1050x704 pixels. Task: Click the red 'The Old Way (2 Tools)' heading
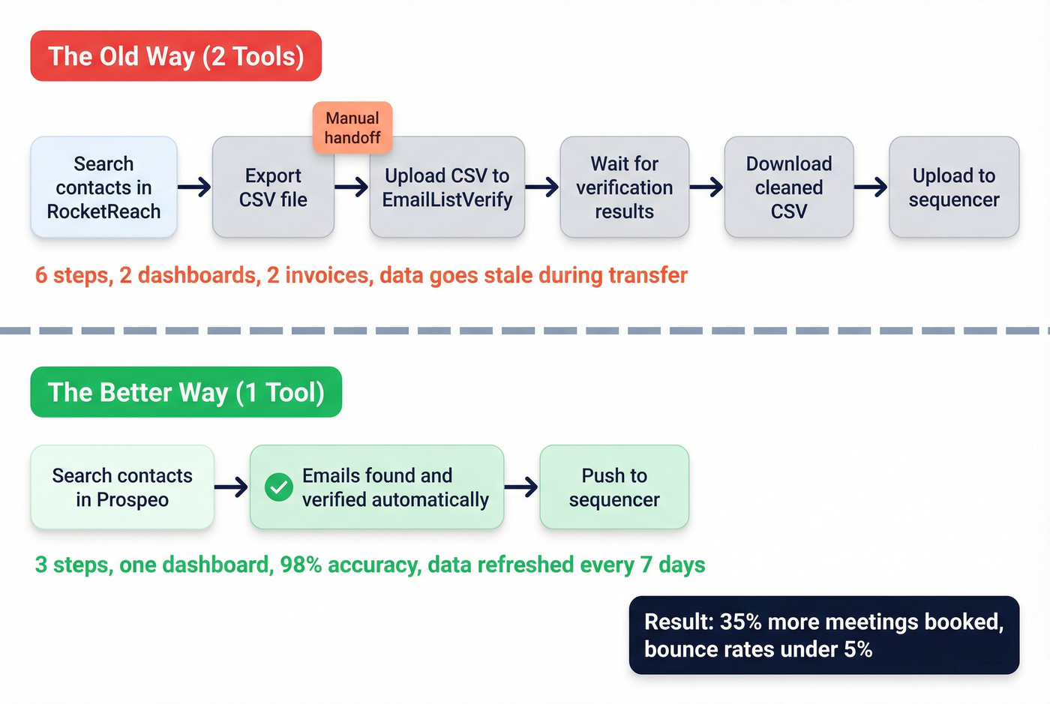click(175, 56)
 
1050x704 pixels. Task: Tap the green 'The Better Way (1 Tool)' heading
click(186, 392)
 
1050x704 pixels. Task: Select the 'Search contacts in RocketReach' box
click(103, 187)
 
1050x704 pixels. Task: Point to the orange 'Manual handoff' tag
click(352, 127)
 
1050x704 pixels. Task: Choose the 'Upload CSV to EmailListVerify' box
click(447, 187)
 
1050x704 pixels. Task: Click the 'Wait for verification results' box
click(624, 187)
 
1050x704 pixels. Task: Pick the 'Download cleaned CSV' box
click(788, 187)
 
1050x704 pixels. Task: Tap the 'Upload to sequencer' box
click(953, 187)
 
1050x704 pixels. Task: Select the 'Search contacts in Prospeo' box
click(122, 487)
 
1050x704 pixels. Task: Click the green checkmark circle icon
click(279, 487)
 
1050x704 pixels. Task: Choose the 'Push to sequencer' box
click(613, 487)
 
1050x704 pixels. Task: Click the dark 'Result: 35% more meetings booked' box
click(823, 635)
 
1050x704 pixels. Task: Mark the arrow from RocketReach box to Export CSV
click(194, 187)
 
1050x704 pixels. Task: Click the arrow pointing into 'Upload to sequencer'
click(871, 187)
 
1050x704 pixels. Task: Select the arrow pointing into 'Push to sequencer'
click(521, 487)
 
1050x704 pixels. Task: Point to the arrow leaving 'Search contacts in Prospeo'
click(231, 487)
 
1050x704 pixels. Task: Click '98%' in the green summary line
click(301, 565)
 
